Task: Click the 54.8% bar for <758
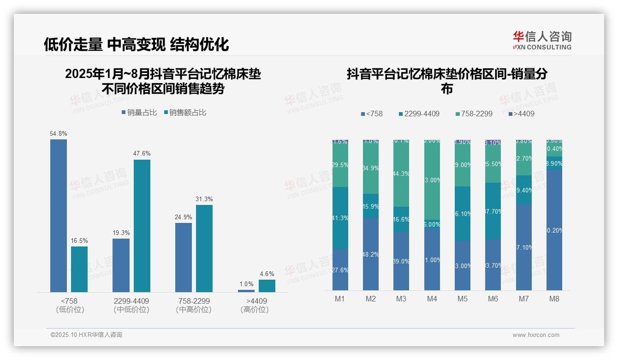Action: pyautogui.click(x=59, y=216)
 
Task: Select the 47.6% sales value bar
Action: pyautogui.click(x=142, y=226)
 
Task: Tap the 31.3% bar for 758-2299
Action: pyautogui.click(x=204, y=248)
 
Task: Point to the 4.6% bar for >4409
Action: pyautogui.click(x=267, y=286)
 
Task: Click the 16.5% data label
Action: pyautogui.click(x=79, y=240)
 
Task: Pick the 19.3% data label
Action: pyautogui.click(x=121, y=233)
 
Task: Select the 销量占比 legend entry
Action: pyautogui.click(x=139, y=113)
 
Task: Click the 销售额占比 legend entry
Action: pyautogui.click(x=185, y=113)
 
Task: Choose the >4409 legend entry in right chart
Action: pyautogui.click(x=521, y=114)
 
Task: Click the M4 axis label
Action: pyautogui.click(x=432, y=299)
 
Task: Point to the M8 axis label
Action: pyautogui.click(x=554, y=299)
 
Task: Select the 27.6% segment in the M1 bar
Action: pyautogui.click(x=340, y=270)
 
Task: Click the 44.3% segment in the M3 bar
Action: pyautogui.click(x=401, y=174)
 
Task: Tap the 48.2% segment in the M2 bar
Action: pyautogui.click(x=371, y=254)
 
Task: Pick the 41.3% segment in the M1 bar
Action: pyautogui.click(x=340, y=218)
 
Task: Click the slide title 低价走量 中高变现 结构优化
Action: pyautogui.click(x=136, y=45)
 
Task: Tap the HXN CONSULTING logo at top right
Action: pyautogui.click(x=542, y=41)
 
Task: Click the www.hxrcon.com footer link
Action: pyautogui.click(x=536, y=335)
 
